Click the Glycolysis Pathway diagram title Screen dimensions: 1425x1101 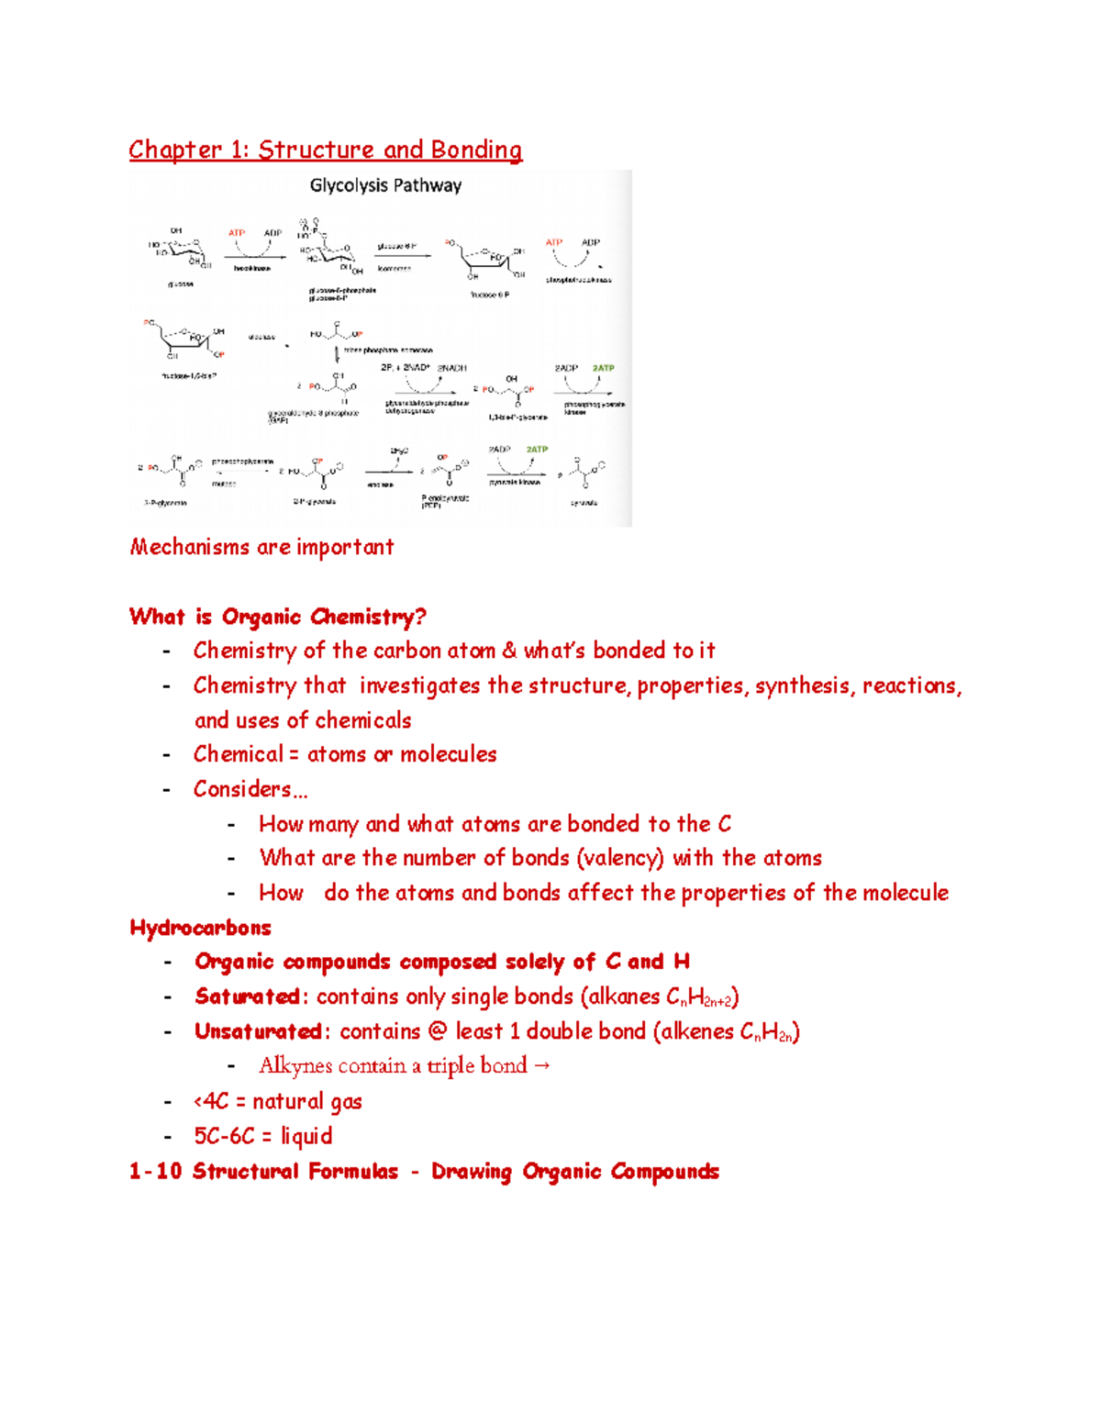[385, 185]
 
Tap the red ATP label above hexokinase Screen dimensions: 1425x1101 [237, 233]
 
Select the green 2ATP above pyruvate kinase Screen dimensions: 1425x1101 [537, 450]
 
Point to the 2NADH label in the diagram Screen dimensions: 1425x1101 [451, 368]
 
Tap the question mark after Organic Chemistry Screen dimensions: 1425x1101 [421, 617]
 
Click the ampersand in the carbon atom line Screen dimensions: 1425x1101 [509, 651]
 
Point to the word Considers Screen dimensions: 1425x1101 [242, 789]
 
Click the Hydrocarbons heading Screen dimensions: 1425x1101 [201, 928]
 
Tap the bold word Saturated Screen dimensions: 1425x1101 [247, 996]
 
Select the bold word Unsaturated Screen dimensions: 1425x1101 [258, 1031]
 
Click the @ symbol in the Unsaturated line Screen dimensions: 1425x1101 [438, 1031]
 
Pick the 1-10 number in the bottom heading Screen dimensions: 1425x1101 [155, 1172]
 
